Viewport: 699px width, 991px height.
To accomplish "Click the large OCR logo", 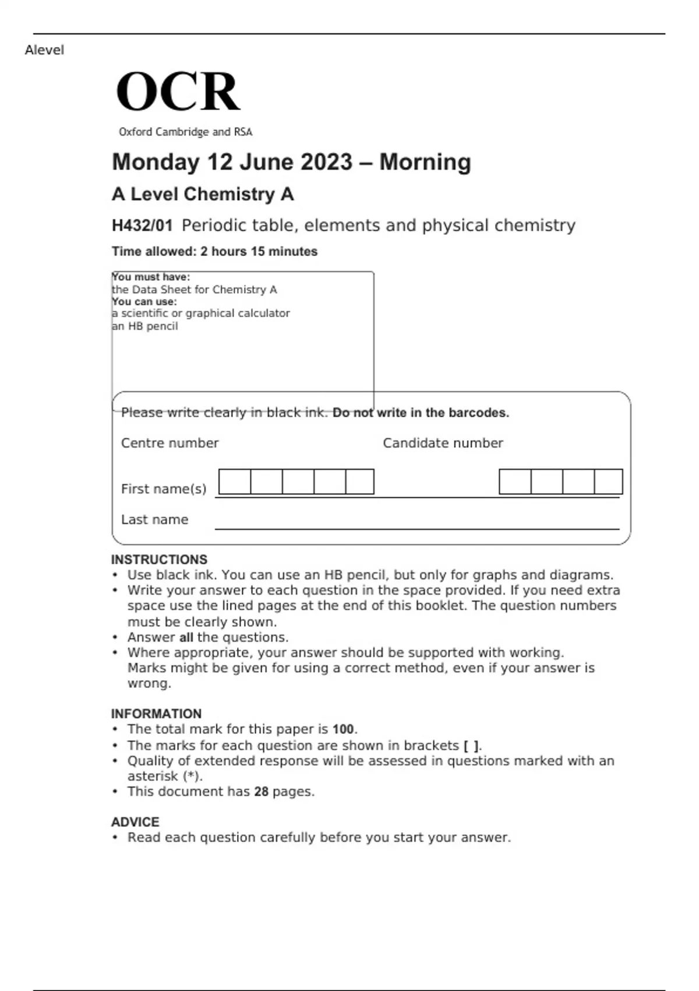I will (x=178, y=92).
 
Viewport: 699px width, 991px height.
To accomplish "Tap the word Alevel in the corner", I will (x=44, y=50).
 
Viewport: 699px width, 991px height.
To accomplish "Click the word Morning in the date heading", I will (x=425, y=162).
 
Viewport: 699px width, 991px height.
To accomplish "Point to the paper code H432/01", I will (x=142, y=226).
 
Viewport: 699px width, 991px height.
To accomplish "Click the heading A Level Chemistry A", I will (x=202, y=194).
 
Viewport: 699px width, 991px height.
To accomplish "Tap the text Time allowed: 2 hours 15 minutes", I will (x=214, y=251).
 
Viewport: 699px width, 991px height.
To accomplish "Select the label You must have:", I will (x=151, y=277).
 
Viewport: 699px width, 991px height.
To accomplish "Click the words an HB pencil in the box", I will (x=145, y=326).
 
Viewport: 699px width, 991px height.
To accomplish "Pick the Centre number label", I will (x=170, y=443).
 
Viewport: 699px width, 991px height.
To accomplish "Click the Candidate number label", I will (x=443, y=443).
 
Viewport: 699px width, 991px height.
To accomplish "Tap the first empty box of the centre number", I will (x=235, y=482).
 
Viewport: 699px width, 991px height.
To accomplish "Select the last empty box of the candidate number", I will (x=608, y=482).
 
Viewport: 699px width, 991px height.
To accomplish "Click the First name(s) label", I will (x=164, y=489).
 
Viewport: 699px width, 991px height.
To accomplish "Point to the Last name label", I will (x=154, y=519).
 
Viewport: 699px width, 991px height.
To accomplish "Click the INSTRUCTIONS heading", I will (x=159, y=560).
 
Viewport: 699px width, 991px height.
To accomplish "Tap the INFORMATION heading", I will (x=156, y=714).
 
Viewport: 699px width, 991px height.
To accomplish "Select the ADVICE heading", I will (x=135, y=822).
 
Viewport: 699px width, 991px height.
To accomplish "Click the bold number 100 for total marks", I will (x=343, y=729).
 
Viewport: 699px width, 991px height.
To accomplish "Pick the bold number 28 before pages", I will (x=261, y=792).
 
